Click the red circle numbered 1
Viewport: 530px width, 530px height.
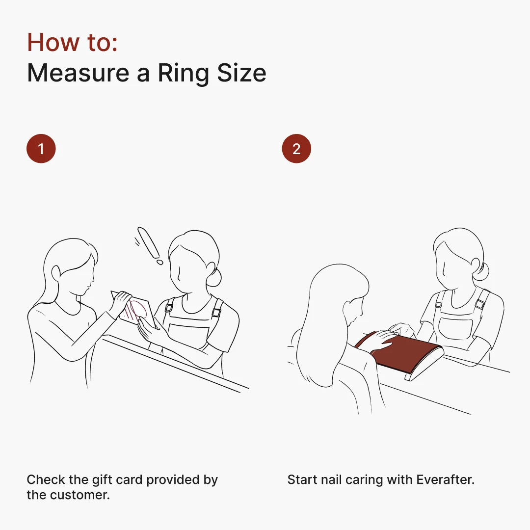pyautogui.click(x=41, y=149)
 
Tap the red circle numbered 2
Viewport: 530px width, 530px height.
pyautogui.click(x=296, y=149)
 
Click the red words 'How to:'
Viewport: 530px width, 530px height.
pyautogui.click(x=72, y=43)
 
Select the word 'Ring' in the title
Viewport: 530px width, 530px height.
pyautogui.click(x=184, y=73)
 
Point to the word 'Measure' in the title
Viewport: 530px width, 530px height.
pyautogui.click(x=78, y=73)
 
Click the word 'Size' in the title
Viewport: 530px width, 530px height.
pyautogui.click(x=241, y=73)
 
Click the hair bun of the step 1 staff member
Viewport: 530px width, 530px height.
pyautogui.click(x=214, y=277)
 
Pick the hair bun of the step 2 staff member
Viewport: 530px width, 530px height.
pyautogui.click(x=481, y=271)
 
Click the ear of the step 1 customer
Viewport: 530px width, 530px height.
pyautogui.click(x=56, y=274)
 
